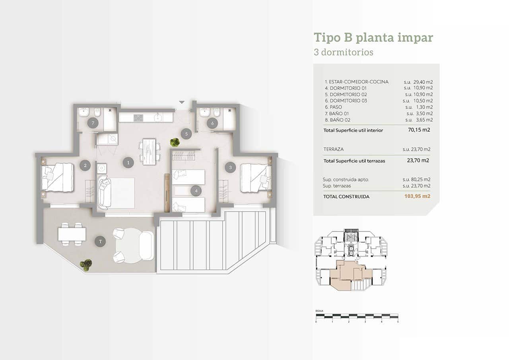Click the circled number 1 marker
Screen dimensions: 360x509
pyautogui.click(x=128, y=162)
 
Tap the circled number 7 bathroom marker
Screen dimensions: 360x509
pyautogui.click(x=93, y=123)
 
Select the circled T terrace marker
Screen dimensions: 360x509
pyautogui.click(x=101, y=241)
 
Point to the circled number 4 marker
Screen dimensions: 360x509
pyautogui.click(x=196, y=191)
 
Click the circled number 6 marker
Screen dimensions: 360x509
pyautogui.click(x=212, y=123)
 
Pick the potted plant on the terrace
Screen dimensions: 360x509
pyautogui.click(x=85, y=265)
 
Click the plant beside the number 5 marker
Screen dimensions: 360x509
pyautogui.click(x=175, y=142)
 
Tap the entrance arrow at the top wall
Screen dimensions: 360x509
pyautogui.click(x=182, y=102)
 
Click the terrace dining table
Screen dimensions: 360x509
pyautogui.click(x=72, y=234)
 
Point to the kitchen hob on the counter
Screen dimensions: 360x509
pyautogui.click(x=138, y=117)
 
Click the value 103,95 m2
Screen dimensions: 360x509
pyautogui.click(x=418, y=196)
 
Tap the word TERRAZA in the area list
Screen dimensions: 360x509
pyautogui.click(x=334, y=149)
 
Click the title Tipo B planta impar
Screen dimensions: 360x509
pyautogui.click(x=373, y=37)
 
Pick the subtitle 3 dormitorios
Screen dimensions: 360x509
pyautogui.click(x=343, y=52)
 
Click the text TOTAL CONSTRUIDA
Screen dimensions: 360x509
pyautogui.click(x=346, y=197)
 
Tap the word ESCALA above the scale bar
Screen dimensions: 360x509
pyautogui.click(x=319, y=310)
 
